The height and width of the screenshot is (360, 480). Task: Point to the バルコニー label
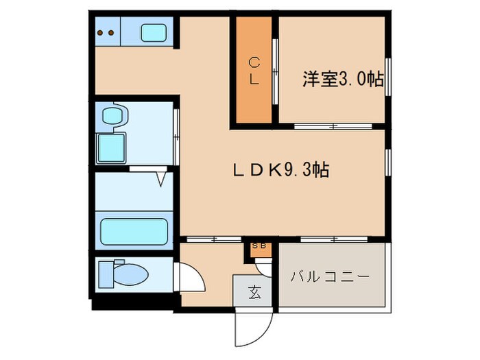(x=331, y=277)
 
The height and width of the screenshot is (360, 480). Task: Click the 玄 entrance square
(x=254, y=293)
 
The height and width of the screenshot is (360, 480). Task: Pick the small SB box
(x=261, y=247)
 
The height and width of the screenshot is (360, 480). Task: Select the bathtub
(x=134, y=232)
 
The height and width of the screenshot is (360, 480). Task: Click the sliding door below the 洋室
(x=333, y=125)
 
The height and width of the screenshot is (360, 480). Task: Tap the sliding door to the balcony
(x=333, y=239)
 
